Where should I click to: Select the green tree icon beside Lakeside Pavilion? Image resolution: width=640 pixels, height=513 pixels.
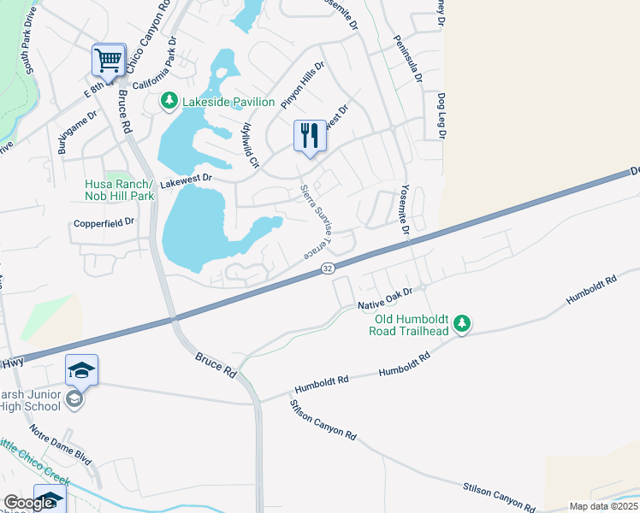click(x=169, y=102)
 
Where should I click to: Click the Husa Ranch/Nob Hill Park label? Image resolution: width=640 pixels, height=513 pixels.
click(x=119, y=190)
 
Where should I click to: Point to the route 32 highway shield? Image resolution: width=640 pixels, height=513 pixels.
click(x=328, y=268)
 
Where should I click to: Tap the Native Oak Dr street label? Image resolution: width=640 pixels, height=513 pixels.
click(x=385, y=298)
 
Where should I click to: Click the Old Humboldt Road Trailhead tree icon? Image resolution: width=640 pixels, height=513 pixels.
click(x=462, y=322)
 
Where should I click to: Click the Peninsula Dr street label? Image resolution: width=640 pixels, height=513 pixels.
click(x=407, y=59)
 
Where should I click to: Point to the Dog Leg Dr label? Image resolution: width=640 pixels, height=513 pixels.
click(x=441, y=116)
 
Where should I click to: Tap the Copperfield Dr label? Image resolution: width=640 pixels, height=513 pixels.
click(x=103, y=221)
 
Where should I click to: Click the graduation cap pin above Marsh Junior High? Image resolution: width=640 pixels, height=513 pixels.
click(x=81, y=370)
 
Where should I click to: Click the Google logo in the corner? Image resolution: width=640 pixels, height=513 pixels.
click(x=28, y=503)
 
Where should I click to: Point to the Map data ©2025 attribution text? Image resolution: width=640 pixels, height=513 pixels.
click(x=603, y=506)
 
